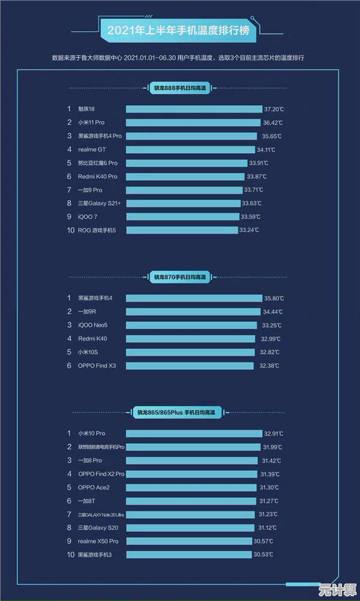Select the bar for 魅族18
tap(194, 109)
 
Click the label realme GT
tap(92, 149)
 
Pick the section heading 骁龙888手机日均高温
tap(179, 88)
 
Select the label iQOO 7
tap(88, 217)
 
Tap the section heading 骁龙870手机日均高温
tap(179, 277)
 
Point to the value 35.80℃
tap(274, 298)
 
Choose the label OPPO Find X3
tap(97, 366)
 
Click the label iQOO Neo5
tap(94, 325)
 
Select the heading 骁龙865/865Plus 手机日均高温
tap(179, 412)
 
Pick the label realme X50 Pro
tap(98, 541)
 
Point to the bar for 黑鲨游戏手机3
tap(189, 555)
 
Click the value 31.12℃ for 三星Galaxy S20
tap(269, 528)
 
